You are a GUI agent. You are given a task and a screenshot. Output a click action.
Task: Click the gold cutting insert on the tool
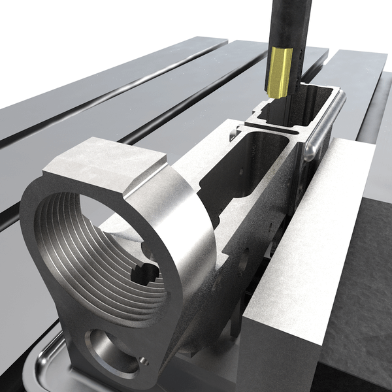click(x=280, y=73)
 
